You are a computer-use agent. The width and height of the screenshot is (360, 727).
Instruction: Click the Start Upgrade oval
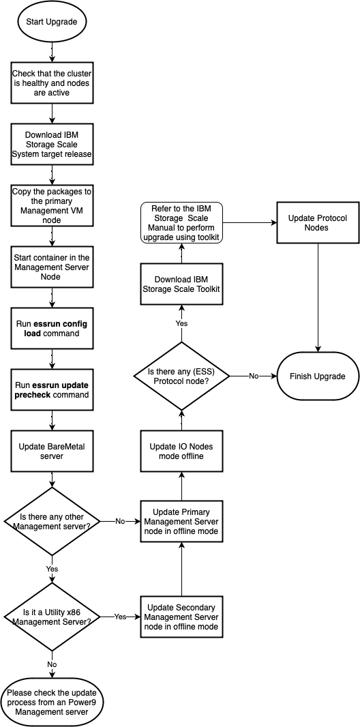52,22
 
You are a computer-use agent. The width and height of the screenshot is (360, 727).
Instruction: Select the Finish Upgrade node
318,376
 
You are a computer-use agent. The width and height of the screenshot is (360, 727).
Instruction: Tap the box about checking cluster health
52,83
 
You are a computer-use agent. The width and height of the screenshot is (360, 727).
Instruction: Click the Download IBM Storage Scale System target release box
52,143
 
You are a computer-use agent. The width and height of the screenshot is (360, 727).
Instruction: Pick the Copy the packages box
52,204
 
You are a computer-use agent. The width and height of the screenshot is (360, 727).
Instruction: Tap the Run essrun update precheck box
52,390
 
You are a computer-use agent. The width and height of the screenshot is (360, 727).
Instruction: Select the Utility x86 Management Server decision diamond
52,616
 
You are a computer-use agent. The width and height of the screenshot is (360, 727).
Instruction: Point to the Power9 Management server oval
52,702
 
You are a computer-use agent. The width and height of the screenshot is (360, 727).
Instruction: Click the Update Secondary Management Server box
182,617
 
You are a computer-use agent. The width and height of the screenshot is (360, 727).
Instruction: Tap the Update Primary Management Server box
182,521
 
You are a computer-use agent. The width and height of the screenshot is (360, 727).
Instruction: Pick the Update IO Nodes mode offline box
182,450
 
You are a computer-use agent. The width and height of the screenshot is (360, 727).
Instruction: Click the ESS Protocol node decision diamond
182,376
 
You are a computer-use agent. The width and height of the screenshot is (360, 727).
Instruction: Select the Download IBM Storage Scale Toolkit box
182,288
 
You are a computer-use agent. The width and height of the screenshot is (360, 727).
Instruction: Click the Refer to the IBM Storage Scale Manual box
182,222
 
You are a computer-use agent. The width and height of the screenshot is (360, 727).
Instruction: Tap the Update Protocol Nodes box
318,222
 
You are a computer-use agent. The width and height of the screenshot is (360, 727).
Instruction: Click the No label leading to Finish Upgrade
254,376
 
